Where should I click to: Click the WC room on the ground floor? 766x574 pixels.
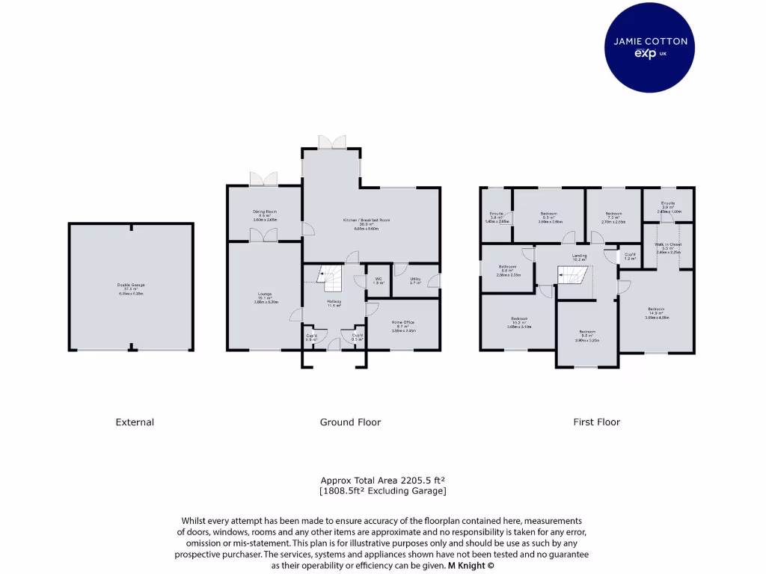click(379, 281)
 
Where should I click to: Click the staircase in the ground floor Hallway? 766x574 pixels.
click(330, 280)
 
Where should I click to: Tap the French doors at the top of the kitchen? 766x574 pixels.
click(332, 141)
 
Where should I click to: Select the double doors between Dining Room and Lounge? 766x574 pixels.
click(265, 235)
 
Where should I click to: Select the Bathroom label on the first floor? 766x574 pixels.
click(507, 270)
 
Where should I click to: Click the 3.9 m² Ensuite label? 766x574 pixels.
click(668, 207)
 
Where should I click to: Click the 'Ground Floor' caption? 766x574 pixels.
click(350, 422)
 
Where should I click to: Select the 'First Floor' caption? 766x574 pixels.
click(596, 422)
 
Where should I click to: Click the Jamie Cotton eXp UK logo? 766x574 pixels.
click(650, 47)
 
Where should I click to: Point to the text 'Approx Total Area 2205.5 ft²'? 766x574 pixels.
click(383, 481)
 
